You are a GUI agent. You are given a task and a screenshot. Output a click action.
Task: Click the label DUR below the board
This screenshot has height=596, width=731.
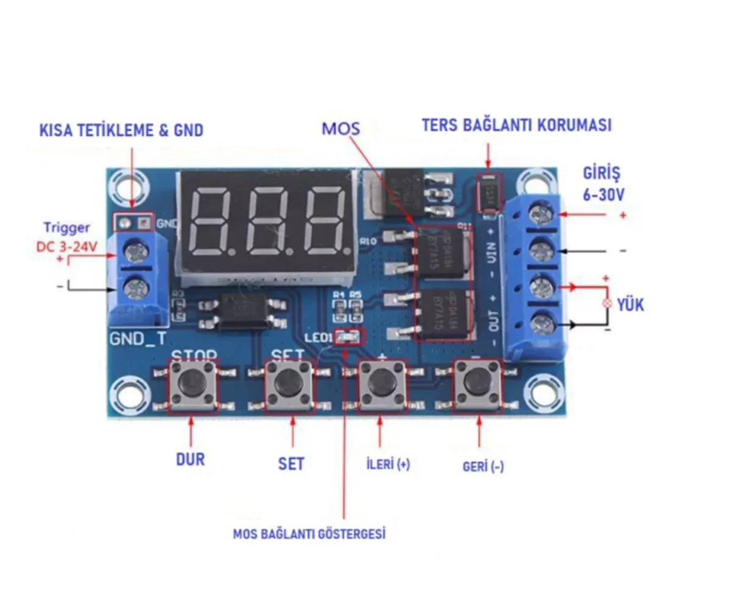[x=191, y=458]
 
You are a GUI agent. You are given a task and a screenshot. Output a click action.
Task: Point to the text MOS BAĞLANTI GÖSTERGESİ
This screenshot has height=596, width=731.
[x=309, y=535]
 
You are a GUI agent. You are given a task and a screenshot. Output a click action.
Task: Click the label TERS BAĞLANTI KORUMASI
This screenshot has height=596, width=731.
[x=517, y=125]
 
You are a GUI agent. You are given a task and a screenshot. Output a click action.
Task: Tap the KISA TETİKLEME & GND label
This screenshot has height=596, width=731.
[x=121, y=130]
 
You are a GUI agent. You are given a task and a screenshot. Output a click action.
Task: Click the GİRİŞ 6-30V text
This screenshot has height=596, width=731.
[x=603, y=185]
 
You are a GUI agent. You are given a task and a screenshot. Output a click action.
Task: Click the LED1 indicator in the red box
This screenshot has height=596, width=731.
[x=349, y=337]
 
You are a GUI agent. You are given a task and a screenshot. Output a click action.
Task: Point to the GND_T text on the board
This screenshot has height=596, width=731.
[x=136, y=338]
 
